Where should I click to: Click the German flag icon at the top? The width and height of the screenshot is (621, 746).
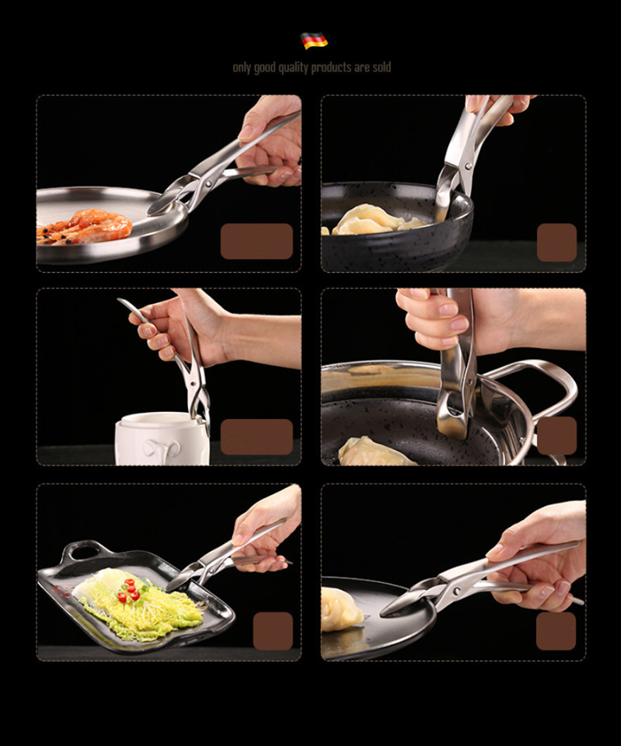click(x=314, y=40)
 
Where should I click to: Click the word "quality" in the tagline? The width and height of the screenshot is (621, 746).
click(x=293, y=68)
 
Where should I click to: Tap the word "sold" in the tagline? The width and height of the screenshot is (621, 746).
click(x=382, y=67)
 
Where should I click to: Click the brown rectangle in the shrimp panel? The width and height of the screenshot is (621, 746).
click(x=256, y=241)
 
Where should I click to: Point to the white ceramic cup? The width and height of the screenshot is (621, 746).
click(x=162, y=438)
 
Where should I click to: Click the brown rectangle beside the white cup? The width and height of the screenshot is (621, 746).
click(x=256, y=437)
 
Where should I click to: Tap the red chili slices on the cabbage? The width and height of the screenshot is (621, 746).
click(x=131, y=589)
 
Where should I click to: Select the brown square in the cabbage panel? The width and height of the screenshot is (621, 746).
click(x=273, y=631)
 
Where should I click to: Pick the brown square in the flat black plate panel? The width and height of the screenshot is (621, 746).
click(x=556, y=631)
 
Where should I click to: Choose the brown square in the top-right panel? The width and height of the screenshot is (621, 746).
click(x=556, y=242)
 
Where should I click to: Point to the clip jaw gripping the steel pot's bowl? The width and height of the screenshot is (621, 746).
click(x=452, y=415)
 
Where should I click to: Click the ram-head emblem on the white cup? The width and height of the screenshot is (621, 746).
click(x=162, y=448)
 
